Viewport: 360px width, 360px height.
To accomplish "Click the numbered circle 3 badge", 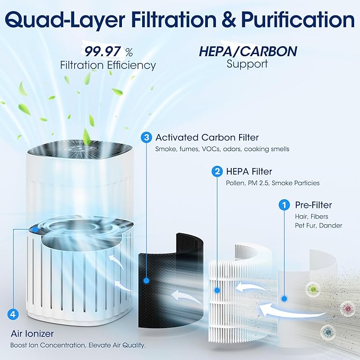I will click(x=146, y=137).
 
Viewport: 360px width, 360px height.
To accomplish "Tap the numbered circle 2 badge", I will click(x=217, y=171).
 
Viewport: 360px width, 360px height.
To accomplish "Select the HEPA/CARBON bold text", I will click(x=248, y=51).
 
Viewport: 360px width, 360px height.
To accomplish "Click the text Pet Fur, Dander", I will click(x=318, y=226).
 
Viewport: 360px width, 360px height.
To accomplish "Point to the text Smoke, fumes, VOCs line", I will click(x=222, y=150).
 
